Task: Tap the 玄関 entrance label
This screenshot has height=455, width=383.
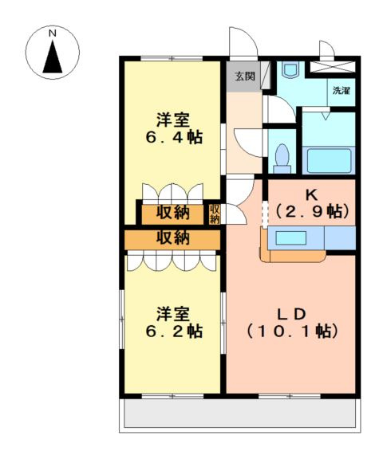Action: click(x=244, y=76)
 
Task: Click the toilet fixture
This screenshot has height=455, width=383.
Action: click(x=282, y=157)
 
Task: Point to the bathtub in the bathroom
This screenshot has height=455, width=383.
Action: click(x=329, y=159)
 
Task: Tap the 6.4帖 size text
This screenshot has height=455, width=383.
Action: click(x=173, y=137)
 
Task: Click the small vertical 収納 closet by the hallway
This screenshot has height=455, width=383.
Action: click(x=215, y=213)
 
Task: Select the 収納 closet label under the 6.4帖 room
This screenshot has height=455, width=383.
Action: click(x=172, y=213)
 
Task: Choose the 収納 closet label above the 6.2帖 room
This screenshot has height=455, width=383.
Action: click(x=172, y=237)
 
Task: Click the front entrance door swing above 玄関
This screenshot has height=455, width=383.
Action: click(x=239, y=44)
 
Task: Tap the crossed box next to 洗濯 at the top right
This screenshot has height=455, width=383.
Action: click(x=333, y=67)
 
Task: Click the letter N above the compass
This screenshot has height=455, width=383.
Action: click(x=52, y=34)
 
